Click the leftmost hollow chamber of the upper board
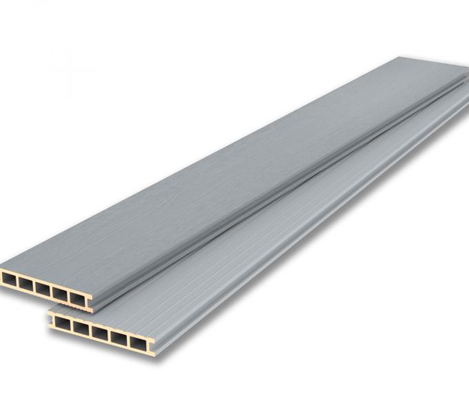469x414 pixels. [9, 279]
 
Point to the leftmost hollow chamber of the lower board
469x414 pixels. [63, 323]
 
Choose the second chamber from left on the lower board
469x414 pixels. [81, 328]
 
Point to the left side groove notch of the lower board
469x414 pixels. [50, 319]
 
